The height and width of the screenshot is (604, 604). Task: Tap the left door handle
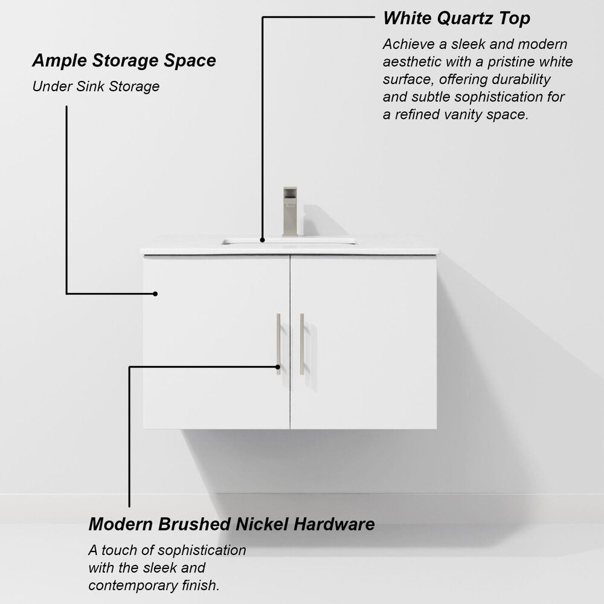click(x=278, y=344)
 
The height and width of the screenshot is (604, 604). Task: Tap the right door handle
click(x=302, y=344)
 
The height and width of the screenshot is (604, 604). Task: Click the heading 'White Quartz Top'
click(x=457, y=18)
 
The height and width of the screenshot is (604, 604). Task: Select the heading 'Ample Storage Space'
click(x=124, y=60)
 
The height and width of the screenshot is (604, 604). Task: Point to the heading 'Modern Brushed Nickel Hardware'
click(x=231, y=524)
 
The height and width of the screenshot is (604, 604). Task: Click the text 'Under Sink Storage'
click(x=95, y=86)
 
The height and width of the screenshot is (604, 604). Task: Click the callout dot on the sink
click(x=263, y=240)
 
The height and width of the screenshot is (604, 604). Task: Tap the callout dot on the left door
click(x=155, y=294)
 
